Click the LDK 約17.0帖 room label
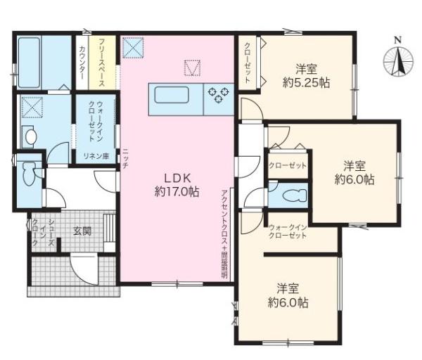(177, 185)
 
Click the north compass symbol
(398, 58)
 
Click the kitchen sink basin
(171, 94)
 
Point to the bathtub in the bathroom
(29, 62)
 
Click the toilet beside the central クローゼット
(295, 194)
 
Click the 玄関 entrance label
(82, 231)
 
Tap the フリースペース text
(102, 63)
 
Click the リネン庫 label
(96, 156)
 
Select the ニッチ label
(125, 158)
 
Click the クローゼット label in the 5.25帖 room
(248, 63)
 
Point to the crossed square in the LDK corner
(133, 47)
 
